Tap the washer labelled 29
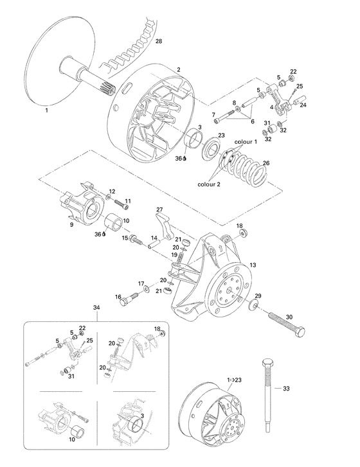tap(253, 304)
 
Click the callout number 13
tap(252, 265)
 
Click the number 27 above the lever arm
tap(159, 209)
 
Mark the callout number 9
tap(71, 225)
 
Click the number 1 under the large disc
tap(46, 110)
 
